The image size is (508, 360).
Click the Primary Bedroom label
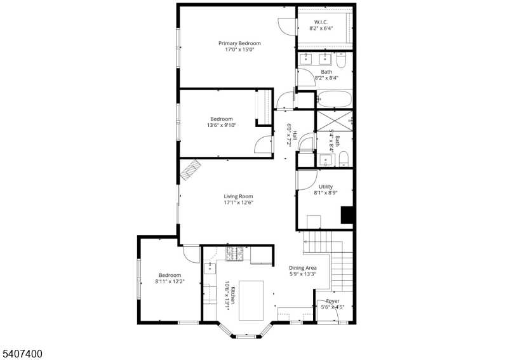click(x=239, y=43)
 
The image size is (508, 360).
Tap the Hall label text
click(x=295, y=136)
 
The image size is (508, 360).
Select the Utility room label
click(x=325, y=187)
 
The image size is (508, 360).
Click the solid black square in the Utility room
click(x=347, y=215)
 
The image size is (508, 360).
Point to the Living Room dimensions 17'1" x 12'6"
click(x=238, y=203)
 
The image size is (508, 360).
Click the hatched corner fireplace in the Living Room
click(x=190, y=171)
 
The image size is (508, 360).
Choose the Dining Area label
click(x=302, y=268)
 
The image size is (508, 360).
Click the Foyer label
click(x=332, y=301)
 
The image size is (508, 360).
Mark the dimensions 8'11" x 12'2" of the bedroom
click(x=170, y=281)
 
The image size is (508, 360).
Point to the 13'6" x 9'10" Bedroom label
click(x=222, y=119)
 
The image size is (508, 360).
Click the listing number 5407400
click(x=22, y=352)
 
